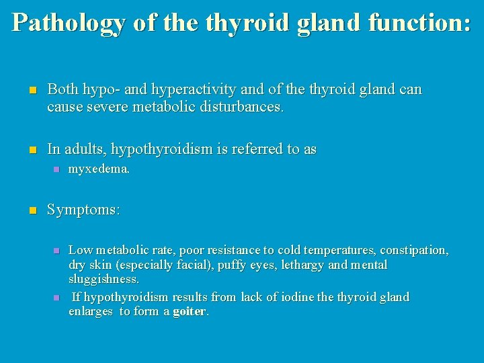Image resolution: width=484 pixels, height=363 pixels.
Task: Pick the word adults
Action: [x=83, y=149]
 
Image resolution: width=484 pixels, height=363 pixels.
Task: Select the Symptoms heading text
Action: [x=83, y=210]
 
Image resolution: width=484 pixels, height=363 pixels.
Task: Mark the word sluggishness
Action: [x=104, y=279]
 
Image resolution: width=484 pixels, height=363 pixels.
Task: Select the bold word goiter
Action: [x=189, y=312]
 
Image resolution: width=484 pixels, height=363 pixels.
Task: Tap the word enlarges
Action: [x=91, y=312]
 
